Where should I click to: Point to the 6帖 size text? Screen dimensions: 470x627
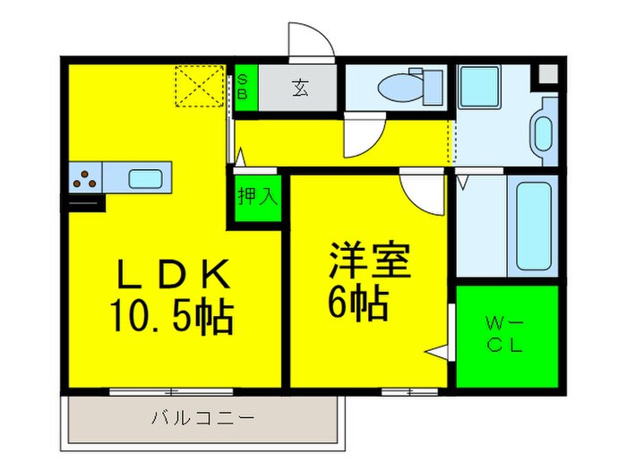coord(358,305)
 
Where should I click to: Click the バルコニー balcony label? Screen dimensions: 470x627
coord(202,418)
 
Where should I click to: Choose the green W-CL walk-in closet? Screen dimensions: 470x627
coord(506,336)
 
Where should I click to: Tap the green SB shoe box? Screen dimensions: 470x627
coord(245,90)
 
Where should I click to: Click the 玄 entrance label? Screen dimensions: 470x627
coord(299,89)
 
